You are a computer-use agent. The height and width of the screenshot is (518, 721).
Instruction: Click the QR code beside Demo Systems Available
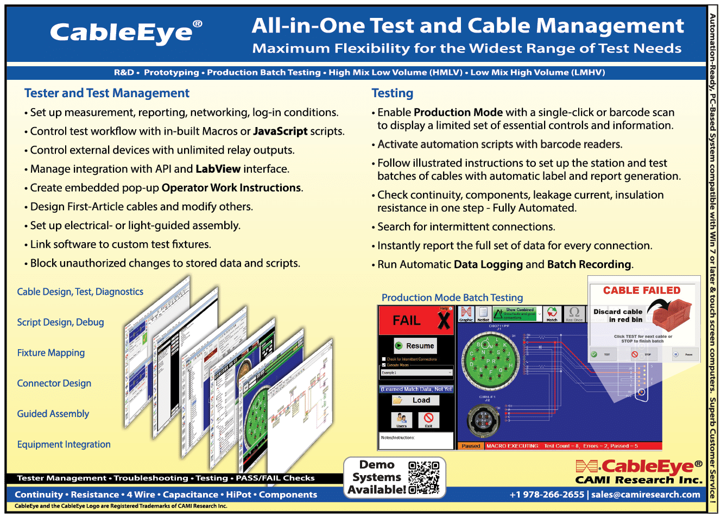tap(423, 478)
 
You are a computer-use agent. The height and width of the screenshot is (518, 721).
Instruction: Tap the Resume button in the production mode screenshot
tap(415, 346)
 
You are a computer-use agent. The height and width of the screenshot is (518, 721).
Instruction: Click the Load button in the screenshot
tap(416, 400)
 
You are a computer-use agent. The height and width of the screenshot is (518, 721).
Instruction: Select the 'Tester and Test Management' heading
tap(107, 93)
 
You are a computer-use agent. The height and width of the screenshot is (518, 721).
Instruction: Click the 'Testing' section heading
tap(393, 93)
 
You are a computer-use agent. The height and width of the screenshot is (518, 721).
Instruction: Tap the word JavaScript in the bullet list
tap(280, 131)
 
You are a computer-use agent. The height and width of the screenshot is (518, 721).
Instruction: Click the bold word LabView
tap(218, 169)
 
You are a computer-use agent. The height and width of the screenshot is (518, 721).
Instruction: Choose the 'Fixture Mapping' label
tap(51, 353)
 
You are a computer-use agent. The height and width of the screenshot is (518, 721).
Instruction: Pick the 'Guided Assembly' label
tap(53, 414)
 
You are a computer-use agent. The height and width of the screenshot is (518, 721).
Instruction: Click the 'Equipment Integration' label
tap(64, 445)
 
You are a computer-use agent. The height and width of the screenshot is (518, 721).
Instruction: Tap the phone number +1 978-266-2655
tap(547, 495)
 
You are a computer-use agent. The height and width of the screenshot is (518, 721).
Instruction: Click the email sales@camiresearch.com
tap(646, 495)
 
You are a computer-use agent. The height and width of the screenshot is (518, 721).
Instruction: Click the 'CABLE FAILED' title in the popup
tap(642, 290)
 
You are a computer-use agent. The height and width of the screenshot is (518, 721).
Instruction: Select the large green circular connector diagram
tap(489, 358)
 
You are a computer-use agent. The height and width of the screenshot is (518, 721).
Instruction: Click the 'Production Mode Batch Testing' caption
tap(452, 298)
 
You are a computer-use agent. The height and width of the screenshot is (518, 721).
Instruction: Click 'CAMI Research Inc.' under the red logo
tap(638, 480)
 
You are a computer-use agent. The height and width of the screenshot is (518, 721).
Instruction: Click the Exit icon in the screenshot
tap(428, 419)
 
